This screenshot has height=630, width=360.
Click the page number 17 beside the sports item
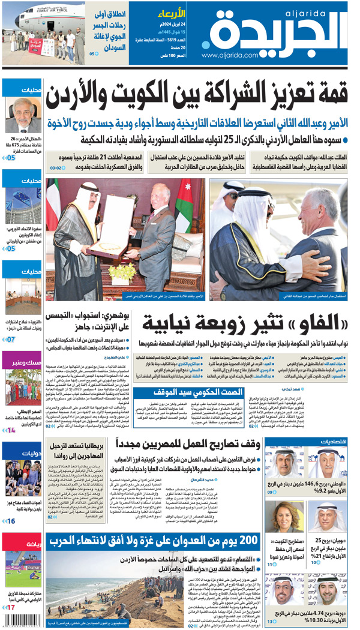point(10,607)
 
